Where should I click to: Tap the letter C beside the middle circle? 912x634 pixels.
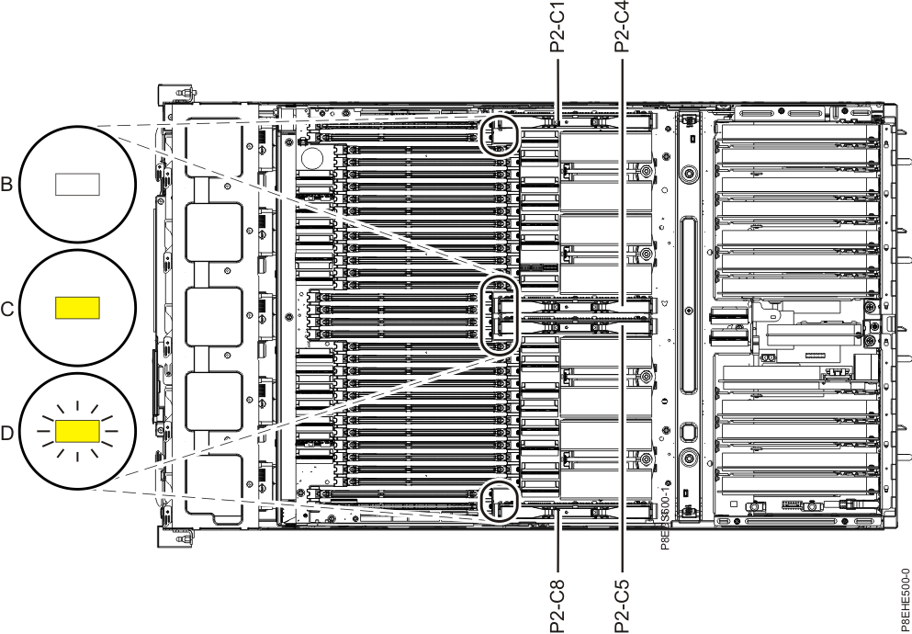point(7,309)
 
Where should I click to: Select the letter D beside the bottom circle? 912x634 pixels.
point(7,432)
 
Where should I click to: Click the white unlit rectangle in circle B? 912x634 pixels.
point(77,185)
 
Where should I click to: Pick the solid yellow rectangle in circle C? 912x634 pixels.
point(77,308)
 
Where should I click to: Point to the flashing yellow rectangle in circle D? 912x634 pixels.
point(77,430)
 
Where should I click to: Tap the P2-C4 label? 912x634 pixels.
point(623,27)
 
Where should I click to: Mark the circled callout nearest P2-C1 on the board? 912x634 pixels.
point(501,135)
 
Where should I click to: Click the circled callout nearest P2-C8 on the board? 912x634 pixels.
point(501,499)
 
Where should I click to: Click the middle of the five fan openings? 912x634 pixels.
point(213,318)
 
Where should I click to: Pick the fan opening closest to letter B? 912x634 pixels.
point(213,147)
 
